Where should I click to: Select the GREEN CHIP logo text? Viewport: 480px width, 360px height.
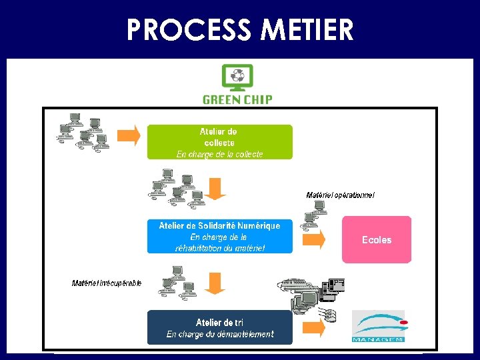pos(237,100)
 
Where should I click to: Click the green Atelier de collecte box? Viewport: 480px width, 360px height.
pos(219,142)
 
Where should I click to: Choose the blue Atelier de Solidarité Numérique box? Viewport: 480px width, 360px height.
pos(219,236)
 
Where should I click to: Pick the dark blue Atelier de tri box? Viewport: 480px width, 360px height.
pos(219,327)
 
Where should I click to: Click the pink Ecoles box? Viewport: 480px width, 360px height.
pos(377,239)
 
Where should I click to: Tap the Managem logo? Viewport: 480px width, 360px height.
pos(378,326)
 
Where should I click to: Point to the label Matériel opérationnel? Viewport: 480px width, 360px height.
pos(341,195)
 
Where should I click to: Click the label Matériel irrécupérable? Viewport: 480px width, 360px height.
pos(107,283)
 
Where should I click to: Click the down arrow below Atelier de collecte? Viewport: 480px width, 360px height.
pos(215,188)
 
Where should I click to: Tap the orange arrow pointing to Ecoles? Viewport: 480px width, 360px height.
pos(316,239)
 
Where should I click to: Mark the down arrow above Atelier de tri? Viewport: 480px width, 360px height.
pos(215,283)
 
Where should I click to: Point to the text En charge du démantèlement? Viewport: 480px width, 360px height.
pos(219,335)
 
